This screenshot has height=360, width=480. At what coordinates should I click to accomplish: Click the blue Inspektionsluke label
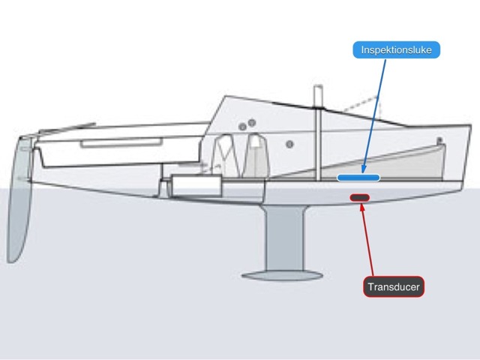tap(396, 50)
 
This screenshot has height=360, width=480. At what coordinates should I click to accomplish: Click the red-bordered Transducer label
tap(394, 286)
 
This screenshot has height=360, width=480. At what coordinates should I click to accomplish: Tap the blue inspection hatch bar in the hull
tap(358, 178)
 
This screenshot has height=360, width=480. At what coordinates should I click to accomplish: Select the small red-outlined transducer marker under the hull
tap(360, 198)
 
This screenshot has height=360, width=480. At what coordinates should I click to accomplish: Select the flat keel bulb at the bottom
tap(286, 274)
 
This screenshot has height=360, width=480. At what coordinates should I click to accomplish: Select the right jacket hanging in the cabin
tap(256, 154)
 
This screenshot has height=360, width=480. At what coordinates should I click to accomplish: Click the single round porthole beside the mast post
tap(289, 143)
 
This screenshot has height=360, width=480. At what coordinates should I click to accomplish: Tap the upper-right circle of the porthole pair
tap(253, 122)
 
